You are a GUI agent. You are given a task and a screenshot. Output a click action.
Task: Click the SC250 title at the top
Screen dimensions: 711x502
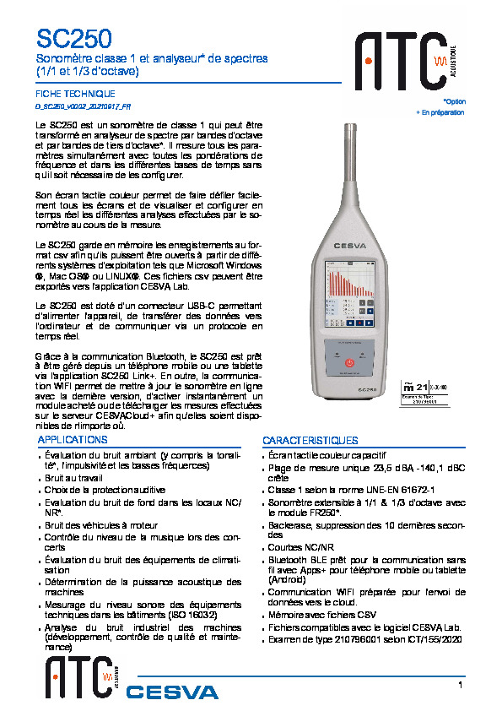[x=73, y=38]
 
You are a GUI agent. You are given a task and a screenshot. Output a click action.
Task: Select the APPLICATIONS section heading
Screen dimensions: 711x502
[x=74, y=440]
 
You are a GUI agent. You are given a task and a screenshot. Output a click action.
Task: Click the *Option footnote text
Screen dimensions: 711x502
[x=453, y=101]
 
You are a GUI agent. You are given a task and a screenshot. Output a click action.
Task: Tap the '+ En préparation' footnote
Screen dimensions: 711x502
[x=440, y=112]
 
